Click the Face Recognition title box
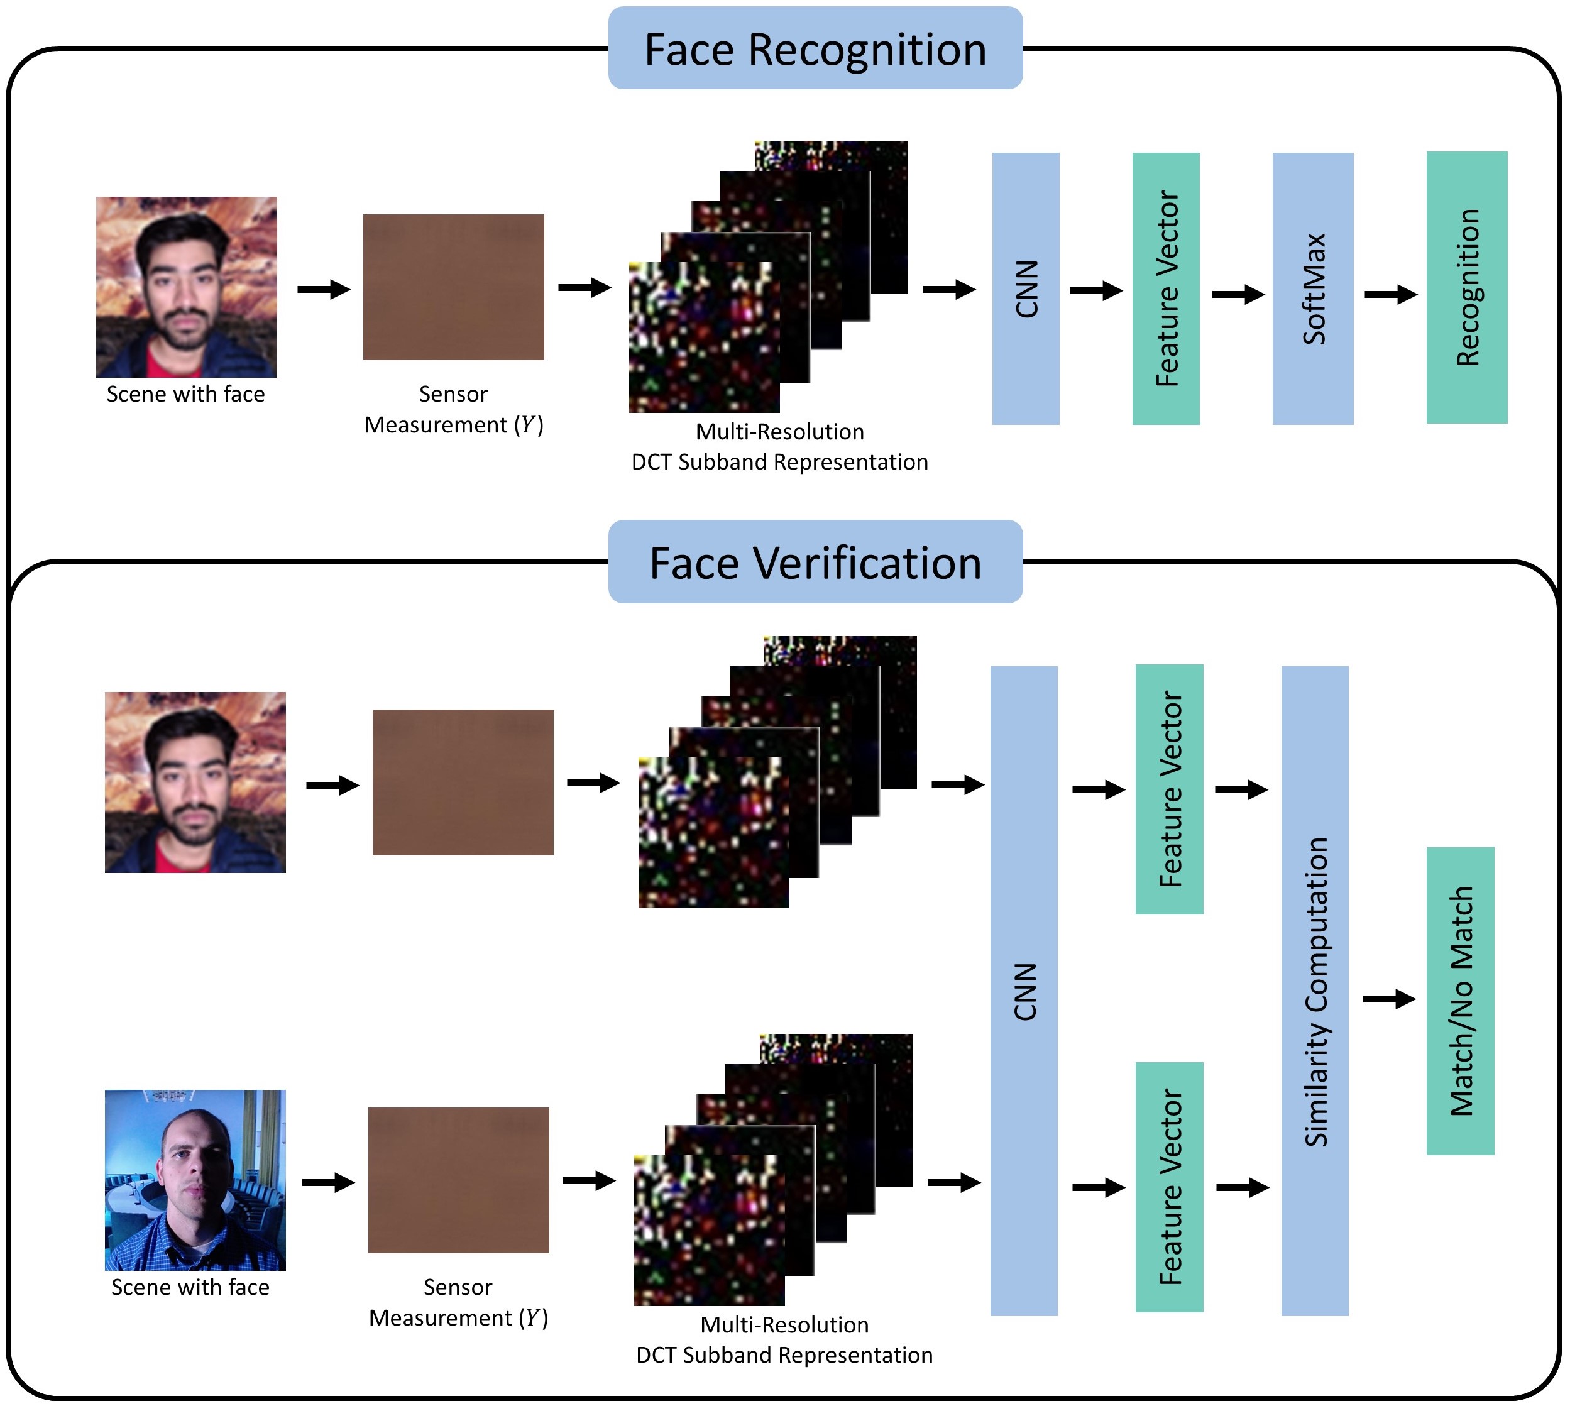pos(815,48)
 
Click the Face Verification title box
pos(815,562)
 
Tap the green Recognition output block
pos(1466,287)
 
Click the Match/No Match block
pos(1459,1001)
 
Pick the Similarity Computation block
pos(1314,991)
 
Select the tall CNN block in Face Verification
pos(1024,991)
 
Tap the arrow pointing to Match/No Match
pos(1388,999)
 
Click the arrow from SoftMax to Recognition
pos(1390,294)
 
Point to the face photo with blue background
pos(195,1180)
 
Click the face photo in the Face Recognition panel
pos(186,287)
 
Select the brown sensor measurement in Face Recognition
pos(454,287)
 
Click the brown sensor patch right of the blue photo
pos(458,1180)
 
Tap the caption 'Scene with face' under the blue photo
pos(190,1287)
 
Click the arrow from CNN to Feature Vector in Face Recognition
pos(1095,291)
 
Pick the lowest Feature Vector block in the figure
pos(1168,1187)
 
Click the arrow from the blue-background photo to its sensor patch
pos(327,1183)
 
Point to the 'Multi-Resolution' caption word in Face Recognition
pos(779,432)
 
